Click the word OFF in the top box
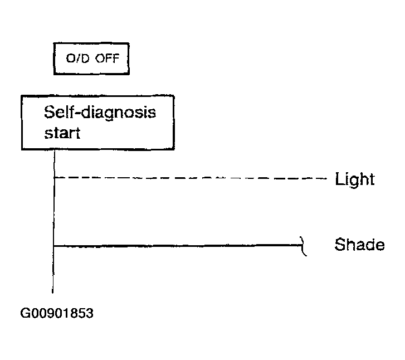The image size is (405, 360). pos(107,58)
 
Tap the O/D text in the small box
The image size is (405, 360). pos(77,58)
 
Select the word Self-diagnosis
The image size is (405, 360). pos(100,113)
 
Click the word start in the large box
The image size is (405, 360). pos(62,133)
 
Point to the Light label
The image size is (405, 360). pos(355,179)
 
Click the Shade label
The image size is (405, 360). pos(359,245)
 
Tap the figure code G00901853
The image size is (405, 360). pos(57,313)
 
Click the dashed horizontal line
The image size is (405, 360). pos(191,178)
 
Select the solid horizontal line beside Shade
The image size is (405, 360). pos(177,246)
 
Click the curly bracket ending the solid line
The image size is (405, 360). pos(302,246)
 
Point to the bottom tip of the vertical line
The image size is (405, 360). pos(53,293)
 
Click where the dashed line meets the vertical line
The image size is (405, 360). pos(54,178)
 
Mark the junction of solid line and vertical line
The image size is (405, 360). pos(53,246)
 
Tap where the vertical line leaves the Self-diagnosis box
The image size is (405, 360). pos(55,150)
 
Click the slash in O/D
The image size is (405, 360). pos(79,59)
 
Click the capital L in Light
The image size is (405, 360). pos(340,178)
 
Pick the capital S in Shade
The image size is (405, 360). pos(340,245)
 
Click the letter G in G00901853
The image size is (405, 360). pos(25,313)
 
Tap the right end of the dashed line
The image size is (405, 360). pos(327,178)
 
